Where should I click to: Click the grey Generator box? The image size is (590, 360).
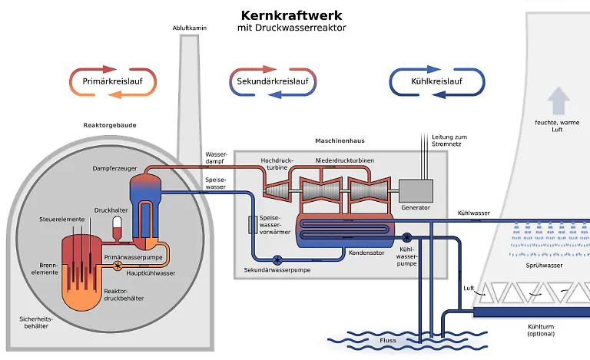416,191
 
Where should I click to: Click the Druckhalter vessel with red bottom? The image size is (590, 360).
117,226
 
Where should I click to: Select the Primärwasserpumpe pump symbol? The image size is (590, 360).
118,266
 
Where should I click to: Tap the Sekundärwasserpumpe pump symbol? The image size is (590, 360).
277,259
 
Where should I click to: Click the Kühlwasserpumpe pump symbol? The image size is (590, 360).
406,237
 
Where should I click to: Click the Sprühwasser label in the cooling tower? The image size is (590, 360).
545,266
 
